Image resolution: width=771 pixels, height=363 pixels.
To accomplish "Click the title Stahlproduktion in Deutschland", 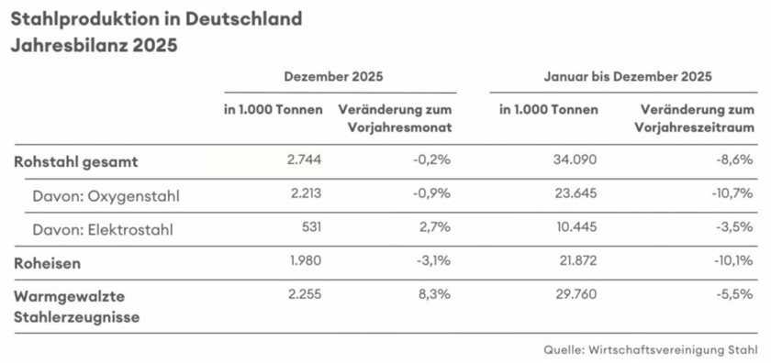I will point(155,18).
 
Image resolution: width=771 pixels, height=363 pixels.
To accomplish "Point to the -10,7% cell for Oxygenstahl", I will point(732,194).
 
